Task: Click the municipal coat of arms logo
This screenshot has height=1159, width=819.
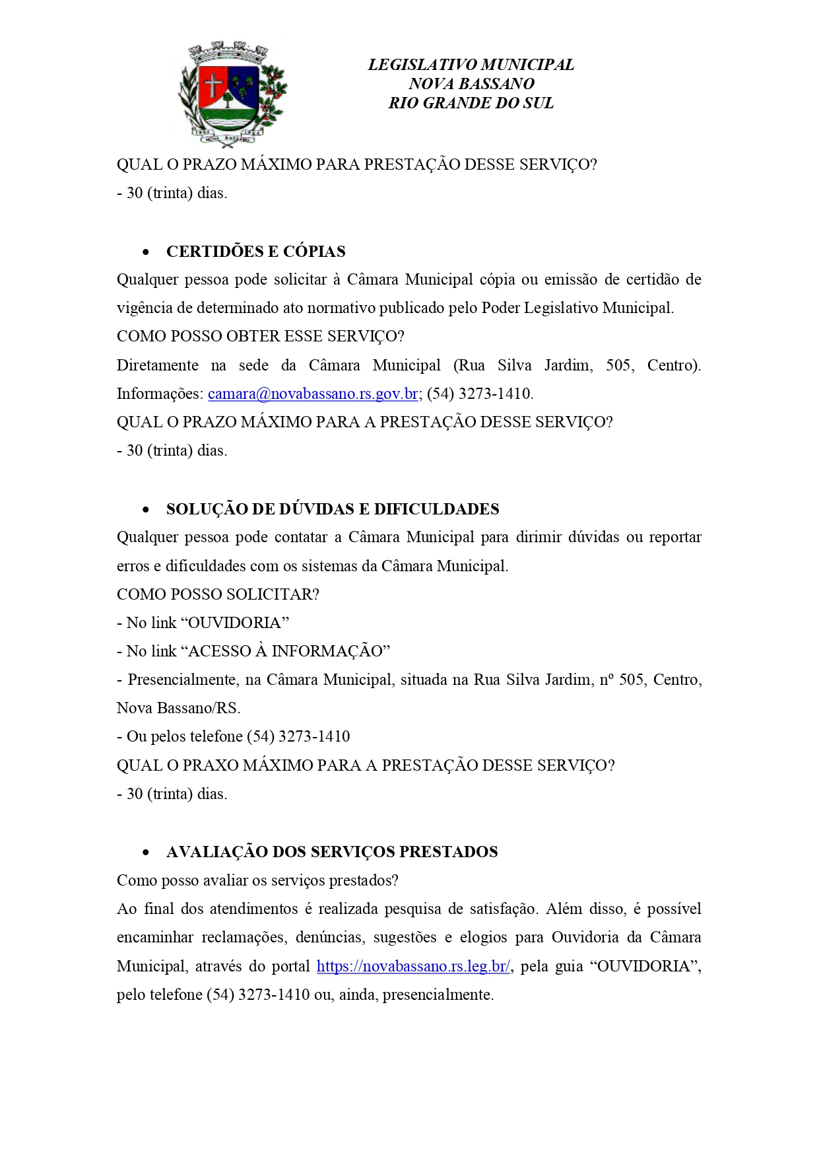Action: [232, 94]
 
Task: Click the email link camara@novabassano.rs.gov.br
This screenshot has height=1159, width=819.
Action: [313, 394]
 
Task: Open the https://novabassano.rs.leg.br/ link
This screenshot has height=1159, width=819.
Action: [413, 967]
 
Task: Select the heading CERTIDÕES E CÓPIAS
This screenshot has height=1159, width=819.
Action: [255, 252]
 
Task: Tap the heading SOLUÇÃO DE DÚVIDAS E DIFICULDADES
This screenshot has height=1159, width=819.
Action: [333, 509]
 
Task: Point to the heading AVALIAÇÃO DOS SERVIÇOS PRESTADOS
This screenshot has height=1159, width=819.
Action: [332, 852]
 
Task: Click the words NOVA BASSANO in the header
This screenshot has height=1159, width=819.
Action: [471, 84]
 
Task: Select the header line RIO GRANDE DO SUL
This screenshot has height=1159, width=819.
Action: [471, 103]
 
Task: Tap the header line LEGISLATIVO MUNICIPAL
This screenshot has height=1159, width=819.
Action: [471, 65]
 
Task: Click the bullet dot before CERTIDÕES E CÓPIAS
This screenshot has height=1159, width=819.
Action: [146, 252]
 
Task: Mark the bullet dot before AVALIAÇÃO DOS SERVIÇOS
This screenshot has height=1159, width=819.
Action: [146, 853]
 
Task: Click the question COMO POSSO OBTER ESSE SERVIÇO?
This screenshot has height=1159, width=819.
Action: [260, 336]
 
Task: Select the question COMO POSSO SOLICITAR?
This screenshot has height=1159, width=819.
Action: [218, 594]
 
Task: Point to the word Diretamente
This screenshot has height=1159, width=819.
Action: [157, 365]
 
